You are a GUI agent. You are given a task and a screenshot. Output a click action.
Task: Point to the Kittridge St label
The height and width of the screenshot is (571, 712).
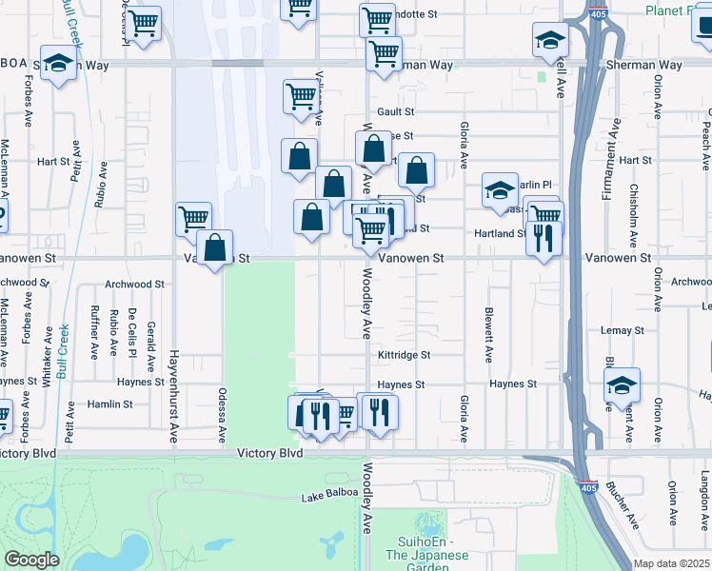405,355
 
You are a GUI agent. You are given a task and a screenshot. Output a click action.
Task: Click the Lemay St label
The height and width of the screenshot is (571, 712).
623,329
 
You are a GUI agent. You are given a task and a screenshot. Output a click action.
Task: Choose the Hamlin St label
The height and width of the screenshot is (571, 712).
110,404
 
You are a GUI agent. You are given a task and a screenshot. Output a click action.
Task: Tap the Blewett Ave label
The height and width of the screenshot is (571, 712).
488,334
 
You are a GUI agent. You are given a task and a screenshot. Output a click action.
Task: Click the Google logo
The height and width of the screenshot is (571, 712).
31,560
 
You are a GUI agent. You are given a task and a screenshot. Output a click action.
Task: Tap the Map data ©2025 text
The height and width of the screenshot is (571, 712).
671,563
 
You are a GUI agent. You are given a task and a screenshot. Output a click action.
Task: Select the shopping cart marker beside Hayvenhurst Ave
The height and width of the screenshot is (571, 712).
193,218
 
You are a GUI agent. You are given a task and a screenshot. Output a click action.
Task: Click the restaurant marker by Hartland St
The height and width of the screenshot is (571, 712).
544,238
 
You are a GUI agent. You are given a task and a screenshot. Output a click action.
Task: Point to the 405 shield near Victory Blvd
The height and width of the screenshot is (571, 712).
589,486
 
